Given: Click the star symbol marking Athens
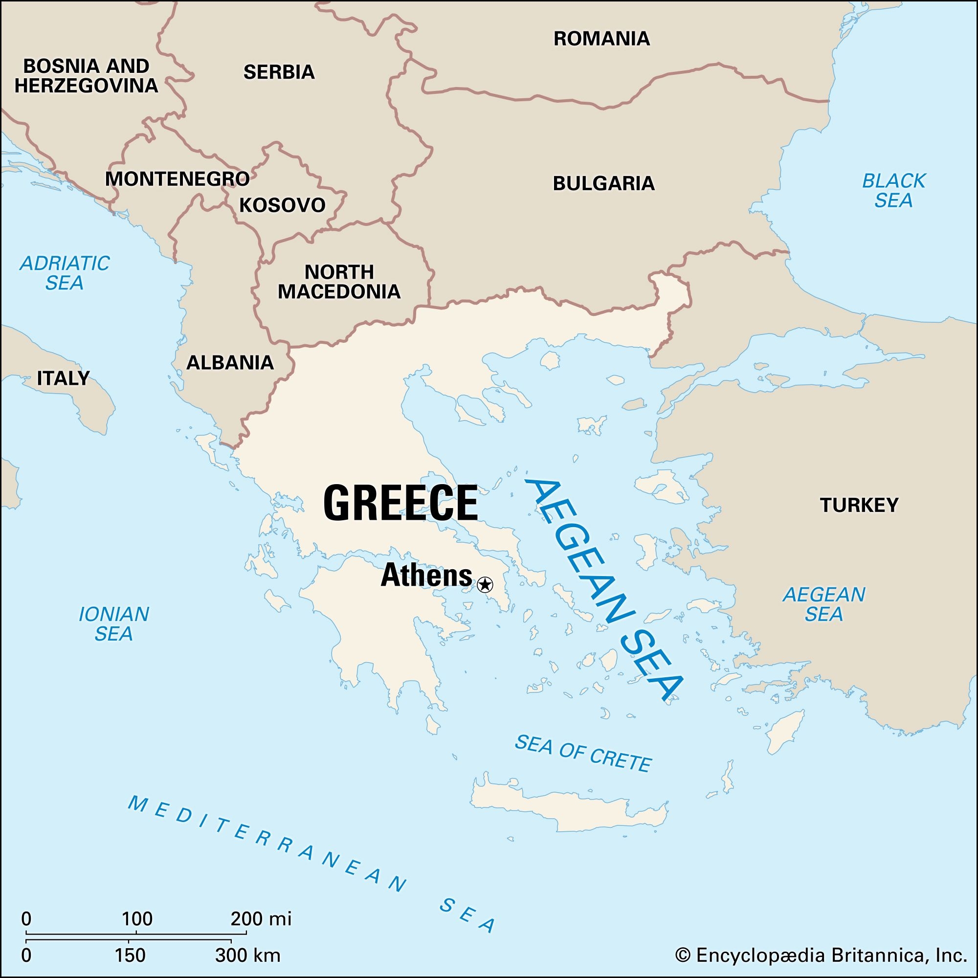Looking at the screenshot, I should pyautogui.click(x=485, y=585).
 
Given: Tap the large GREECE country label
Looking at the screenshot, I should pyautogui.click(x=400, y=503).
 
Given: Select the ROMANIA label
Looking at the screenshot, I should pyautogui.click(x=601, y=39).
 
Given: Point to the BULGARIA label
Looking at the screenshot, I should pyautogui.click(x=603, y=183).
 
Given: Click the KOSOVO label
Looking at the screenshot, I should pyautogui.click(x=282, y=205).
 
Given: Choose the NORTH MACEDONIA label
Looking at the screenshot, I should pyautogui.click(x=339, y=282).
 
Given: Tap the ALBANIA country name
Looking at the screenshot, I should pyautogui.click(x=230, y=362).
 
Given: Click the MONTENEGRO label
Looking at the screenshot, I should pyautogui.click(x=177, y=178).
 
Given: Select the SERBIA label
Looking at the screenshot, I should pyautogui.click(x=279, y=72).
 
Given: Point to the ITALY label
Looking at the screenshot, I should pyautogui.click(x=63, y=378).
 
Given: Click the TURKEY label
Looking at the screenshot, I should pyautogui.click(x=859, y=505).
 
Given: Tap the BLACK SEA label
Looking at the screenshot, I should pyautogui.click(x=893, y=190).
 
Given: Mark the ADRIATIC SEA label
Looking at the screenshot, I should pyautogui.click(x=64, y=273).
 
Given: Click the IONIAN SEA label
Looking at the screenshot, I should pyautogui.click(x=113, y=623).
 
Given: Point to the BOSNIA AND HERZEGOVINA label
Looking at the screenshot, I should pyautogui.click(x=86, y=76).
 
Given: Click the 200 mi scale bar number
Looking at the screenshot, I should pyautogui.click(x=260, y=918).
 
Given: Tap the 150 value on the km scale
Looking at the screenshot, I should pyautogui.click(x=130, y=955).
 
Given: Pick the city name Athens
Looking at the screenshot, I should pyautogui.click(x=426, y=575).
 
